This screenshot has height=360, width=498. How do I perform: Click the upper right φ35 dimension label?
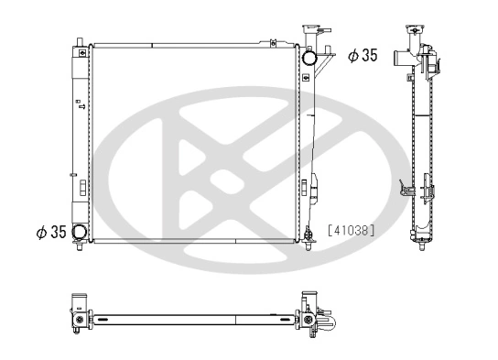click(x=363, y=57)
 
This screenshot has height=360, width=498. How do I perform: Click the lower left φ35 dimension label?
click(x=50, y=232)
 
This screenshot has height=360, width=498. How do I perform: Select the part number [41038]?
click(x=351, y=232)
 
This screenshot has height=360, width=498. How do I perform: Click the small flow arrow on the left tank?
click(x=82, y=106)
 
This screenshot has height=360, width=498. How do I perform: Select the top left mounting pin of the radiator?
click(x=82, y=39)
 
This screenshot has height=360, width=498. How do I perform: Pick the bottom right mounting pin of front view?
click(x=306, y=242)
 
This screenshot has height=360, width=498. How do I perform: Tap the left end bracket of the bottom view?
click(x=80, y=317)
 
